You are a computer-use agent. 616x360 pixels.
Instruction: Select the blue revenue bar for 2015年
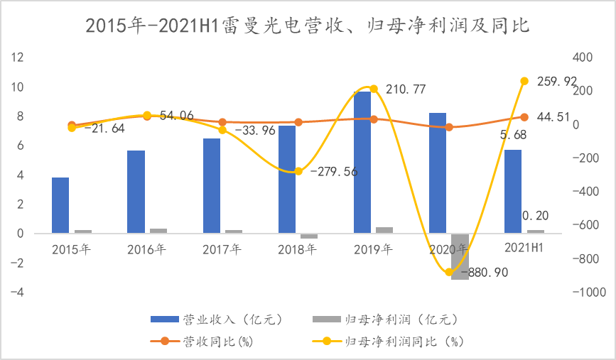60,205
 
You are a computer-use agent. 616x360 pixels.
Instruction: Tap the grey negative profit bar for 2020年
460,256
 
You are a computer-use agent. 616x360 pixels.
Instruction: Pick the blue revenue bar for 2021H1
513,191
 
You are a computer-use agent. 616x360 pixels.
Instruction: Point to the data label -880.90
484,272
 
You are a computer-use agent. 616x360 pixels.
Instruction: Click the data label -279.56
334,171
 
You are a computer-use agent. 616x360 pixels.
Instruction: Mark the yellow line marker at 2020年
449,272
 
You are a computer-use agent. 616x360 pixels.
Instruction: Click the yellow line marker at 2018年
298,171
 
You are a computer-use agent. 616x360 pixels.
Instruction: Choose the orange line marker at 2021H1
524,117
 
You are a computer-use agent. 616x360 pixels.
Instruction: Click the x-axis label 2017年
222,249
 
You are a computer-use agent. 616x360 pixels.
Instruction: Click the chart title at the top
308,26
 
